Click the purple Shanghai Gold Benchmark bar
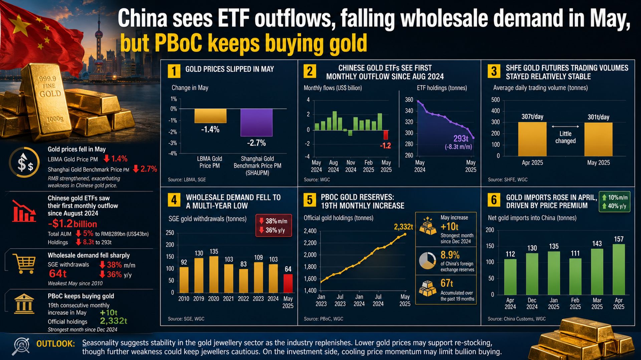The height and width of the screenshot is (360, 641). (256, 122)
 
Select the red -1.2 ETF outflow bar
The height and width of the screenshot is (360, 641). (386, 135)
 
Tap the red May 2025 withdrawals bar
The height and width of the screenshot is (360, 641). (288, 284)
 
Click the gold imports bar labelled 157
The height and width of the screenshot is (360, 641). (619, 269)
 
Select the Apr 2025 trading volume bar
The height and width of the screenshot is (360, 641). (532, 139)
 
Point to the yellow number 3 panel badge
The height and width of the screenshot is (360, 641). (494, 71)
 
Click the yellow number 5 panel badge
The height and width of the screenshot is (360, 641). (309, 200)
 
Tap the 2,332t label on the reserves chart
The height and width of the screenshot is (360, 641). (403, 227)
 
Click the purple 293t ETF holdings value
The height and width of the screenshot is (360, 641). (461, 138)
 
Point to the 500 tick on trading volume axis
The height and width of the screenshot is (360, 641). (495, 100)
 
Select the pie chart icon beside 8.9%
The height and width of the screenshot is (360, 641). (428, 261)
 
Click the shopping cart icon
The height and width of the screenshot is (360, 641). (24, 264)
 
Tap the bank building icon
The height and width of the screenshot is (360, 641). (24, 304)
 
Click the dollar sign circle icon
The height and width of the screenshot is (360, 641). (24, 162)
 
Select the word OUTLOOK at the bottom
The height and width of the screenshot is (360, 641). (56, 344)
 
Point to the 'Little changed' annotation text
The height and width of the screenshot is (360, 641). (565, 137)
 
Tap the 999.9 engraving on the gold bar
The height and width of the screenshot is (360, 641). (47, 79)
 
